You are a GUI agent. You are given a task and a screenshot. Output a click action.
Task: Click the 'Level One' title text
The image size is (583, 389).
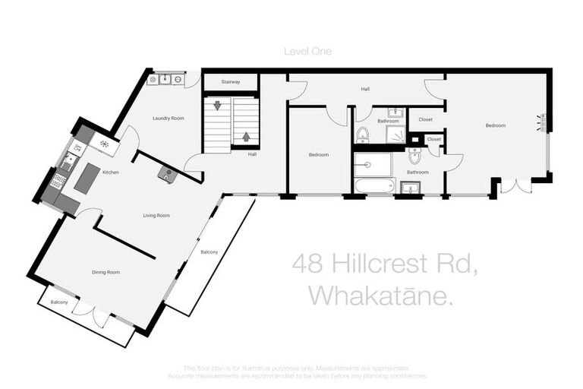click(x=307, y=52)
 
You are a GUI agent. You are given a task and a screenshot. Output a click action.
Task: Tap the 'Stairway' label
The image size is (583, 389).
click(x=231, y=82)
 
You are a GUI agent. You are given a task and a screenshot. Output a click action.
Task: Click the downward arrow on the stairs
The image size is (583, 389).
click(x=218, y=106)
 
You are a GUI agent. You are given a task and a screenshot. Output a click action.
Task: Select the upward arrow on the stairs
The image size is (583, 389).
click(x=245, y=138)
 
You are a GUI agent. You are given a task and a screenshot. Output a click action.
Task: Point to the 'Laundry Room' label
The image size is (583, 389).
click(x=168, y=119)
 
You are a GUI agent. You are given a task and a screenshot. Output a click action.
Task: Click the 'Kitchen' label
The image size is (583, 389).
click(x=111, y=173)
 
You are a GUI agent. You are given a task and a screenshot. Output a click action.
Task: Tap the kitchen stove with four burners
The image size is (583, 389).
click(x=57, y=182)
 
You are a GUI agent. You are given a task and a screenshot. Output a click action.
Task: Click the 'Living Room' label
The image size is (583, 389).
click(x=156, y=216)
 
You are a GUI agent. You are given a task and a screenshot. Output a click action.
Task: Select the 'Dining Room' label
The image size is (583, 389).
click(x=106, y=272)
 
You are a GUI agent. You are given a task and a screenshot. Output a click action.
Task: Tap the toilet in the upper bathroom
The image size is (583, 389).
click(x=363, y=135)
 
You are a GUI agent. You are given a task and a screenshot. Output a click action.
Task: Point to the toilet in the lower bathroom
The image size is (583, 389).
click(x=414, y=155)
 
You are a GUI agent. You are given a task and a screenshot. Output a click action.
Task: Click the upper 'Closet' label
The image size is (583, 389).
click(x=424, y=119)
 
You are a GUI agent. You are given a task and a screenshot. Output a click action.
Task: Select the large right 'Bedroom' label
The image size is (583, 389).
click(x=496, y=125)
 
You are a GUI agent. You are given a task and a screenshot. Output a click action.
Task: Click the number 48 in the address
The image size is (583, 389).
click(x=307, y=265)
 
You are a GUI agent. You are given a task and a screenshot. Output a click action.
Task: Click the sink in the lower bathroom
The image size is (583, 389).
click(x=410, y=188)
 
